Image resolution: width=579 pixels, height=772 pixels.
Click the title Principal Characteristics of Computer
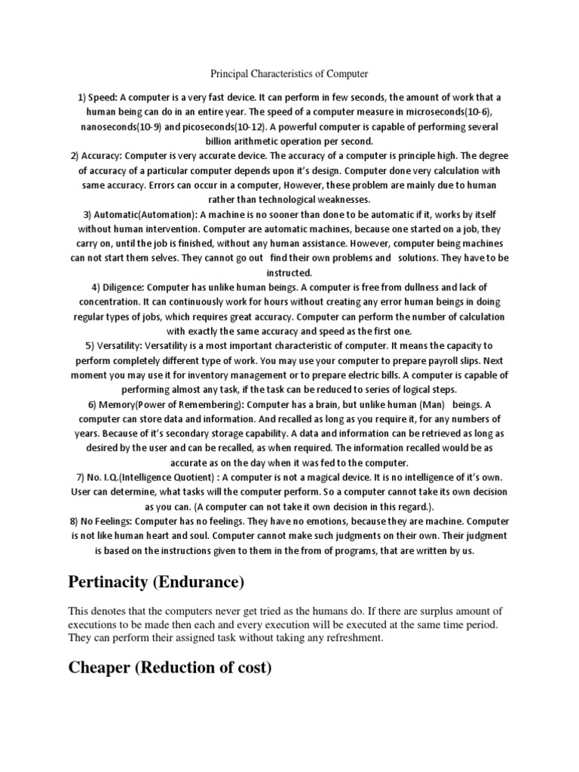click(289, 74)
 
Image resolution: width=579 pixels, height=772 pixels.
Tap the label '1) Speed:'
click(99, 99)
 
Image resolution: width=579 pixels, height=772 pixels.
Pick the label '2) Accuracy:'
click(97, 156)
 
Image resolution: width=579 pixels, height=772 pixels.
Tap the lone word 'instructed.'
click(289, 272)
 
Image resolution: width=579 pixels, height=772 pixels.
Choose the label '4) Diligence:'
click(118, 286)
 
